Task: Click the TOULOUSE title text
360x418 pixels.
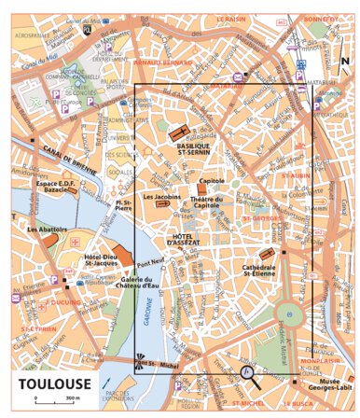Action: click(52, 383)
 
